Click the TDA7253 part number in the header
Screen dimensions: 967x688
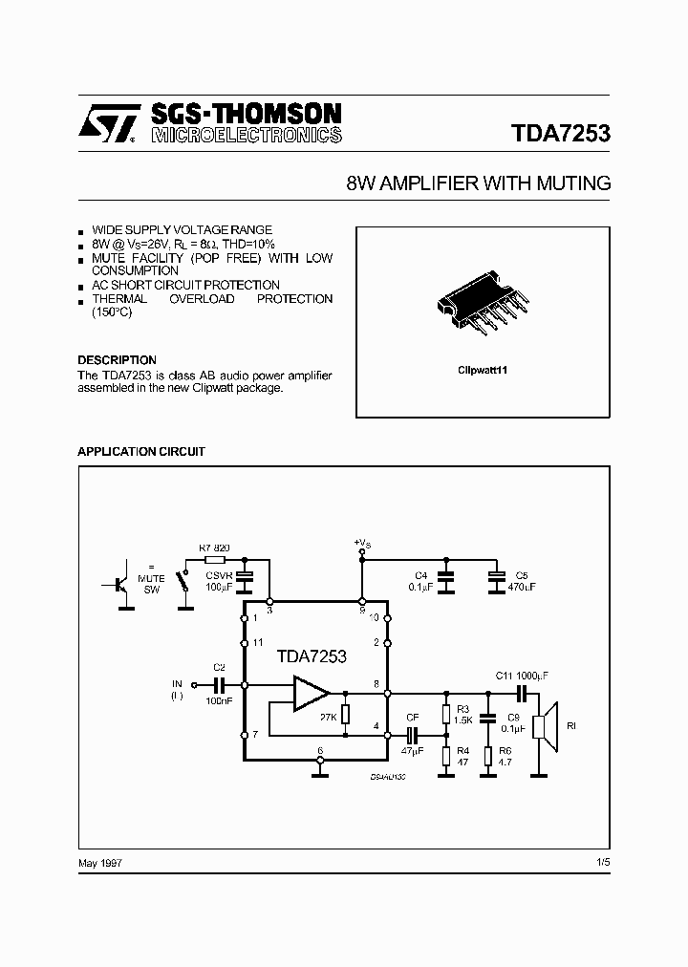click(x=554, y=134)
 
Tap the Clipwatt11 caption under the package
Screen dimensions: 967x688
click(x=482, y=368)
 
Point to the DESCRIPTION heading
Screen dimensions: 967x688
click(x=117, y=360)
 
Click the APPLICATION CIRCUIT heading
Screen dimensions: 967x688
click(x=140, y=451)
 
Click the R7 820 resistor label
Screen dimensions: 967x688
click(x=215, y=548)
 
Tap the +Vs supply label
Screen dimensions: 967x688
click(x=362, y=543)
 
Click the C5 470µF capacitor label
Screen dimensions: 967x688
click(x=522, y=580)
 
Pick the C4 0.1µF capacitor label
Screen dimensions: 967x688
click(x=421, y=580)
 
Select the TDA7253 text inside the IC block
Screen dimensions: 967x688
click(x=312, y=656)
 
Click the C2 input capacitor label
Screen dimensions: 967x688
click(x=218, y=667)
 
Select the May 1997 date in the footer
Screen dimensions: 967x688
click(x=99, y=863)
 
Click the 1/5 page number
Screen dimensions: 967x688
click(x=601, y=863)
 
